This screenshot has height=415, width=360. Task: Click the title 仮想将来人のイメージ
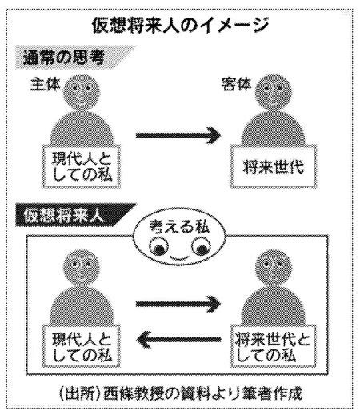coord(180,26)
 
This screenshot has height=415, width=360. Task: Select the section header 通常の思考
coord(64,58)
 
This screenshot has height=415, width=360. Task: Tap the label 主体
coord(45,85)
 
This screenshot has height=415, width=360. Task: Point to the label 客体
coord(236,84)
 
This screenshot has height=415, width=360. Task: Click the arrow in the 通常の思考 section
coord(178,135)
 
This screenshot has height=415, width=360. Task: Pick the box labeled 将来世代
coord(274,166)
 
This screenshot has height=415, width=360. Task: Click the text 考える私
coord(179,228)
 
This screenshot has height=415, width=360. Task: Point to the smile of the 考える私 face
coord(179,257)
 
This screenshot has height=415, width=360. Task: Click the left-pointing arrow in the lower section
coord(178,339)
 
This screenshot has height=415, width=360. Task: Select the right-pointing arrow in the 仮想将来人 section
coord(178,304)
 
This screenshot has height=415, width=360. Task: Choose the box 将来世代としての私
coord(274,345)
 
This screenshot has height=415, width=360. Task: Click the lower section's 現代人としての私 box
coord(81,345)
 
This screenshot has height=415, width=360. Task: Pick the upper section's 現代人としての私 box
coord(81,166)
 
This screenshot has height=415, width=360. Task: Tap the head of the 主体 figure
coord(82,92)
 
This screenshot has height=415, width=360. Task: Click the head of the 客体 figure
coord(273,92)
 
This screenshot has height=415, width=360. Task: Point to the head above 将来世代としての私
coord(273,268)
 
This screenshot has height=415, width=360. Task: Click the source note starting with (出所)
coord(180,394)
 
